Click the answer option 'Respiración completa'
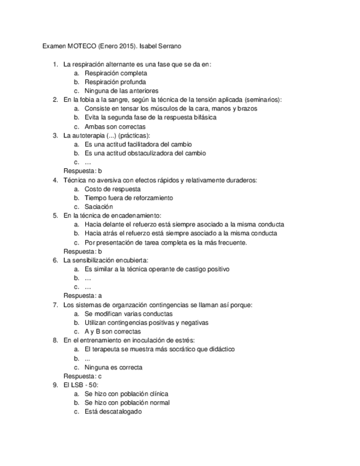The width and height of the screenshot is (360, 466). point(115,73)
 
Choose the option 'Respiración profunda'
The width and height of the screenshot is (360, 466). point(115,82)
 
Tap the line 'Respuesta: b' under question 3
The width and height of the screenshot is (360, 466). point(82,171)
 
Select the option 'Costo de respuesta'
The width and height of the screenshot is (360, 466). point(112,188)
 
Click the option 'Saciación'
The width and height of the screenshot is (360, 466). point(98,207)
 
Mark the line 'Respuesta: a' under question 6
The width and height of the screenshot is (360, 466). point(82,296)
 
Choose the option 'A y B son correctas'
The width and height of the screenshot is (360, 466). point(112,331)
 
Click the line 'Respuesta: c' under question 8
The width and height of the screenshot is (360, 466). point(82,376)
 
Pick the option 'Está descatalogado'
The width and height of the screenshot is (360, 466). point(113,412)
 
